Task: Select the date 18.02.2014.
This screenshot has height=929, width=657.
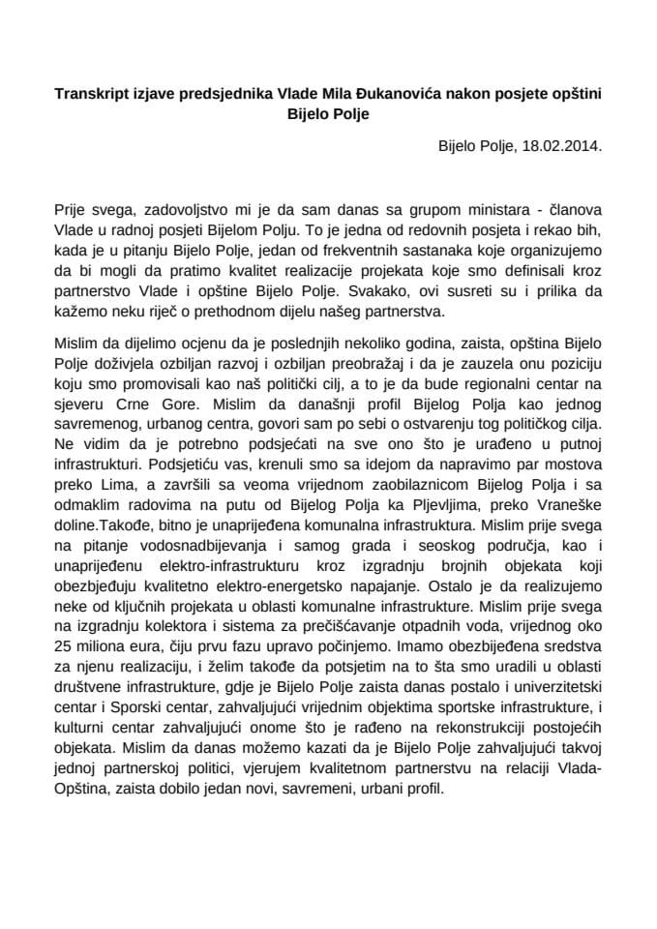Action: point(562,148)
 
